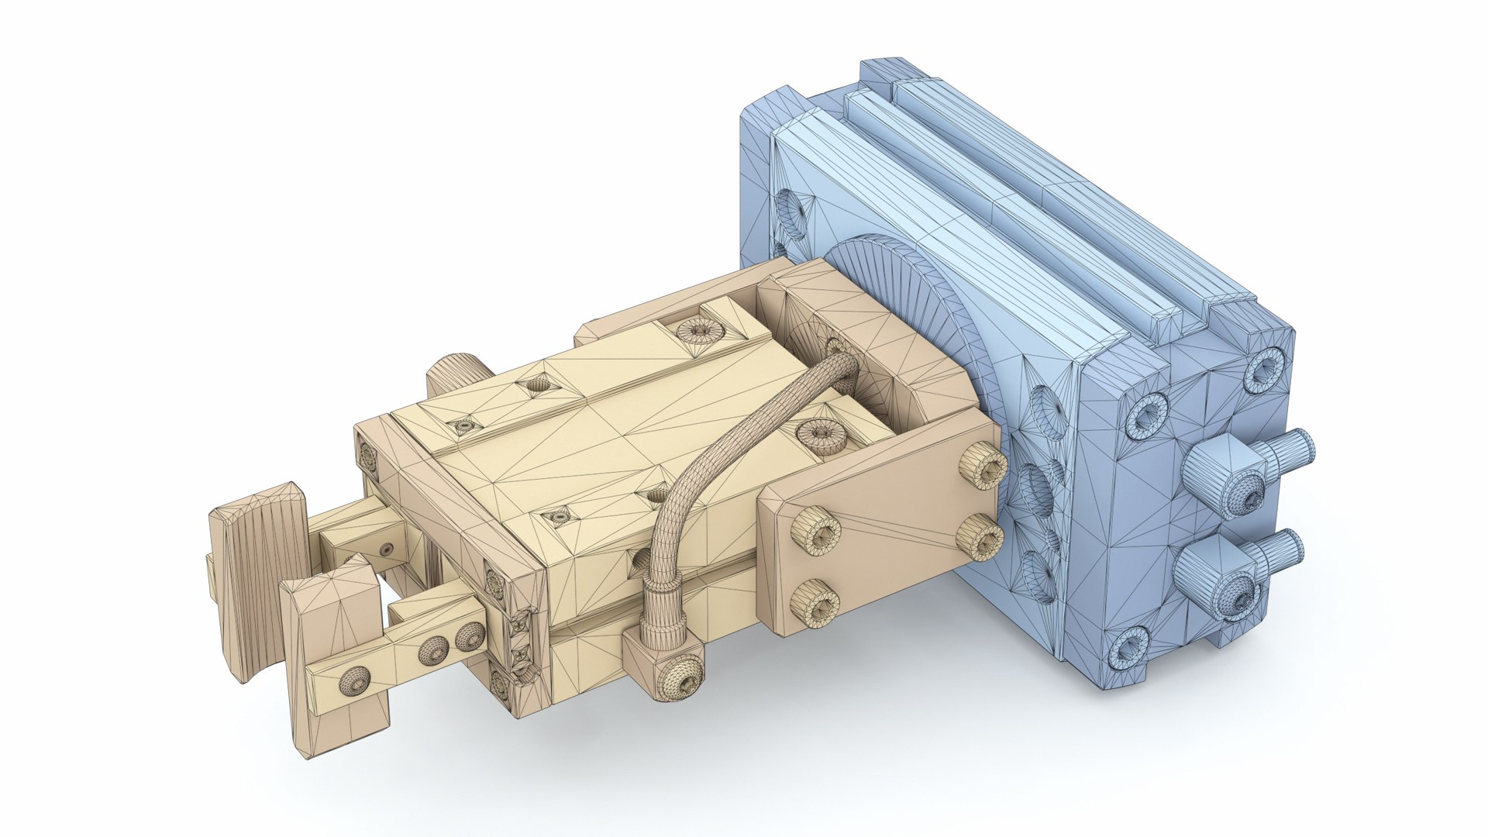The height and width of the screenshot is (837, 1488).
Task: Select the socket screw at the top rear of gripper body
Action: (x=700, y=332)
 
